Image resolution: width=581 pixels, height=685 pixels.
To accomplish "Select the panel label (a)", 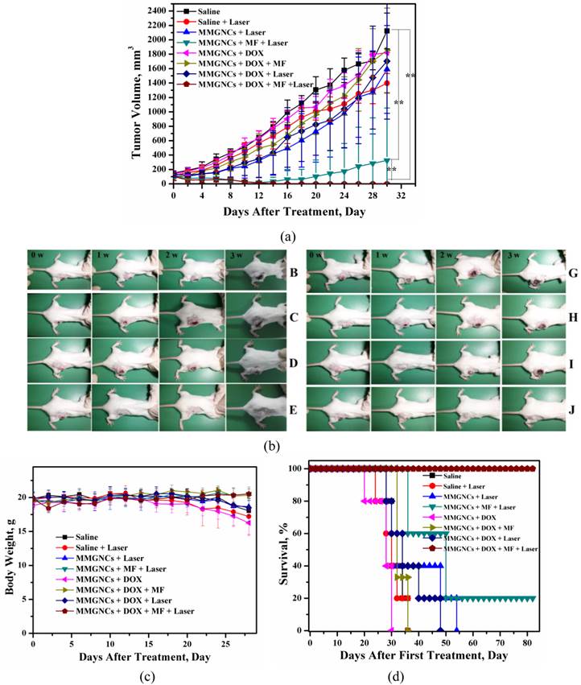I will [289, 237].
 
